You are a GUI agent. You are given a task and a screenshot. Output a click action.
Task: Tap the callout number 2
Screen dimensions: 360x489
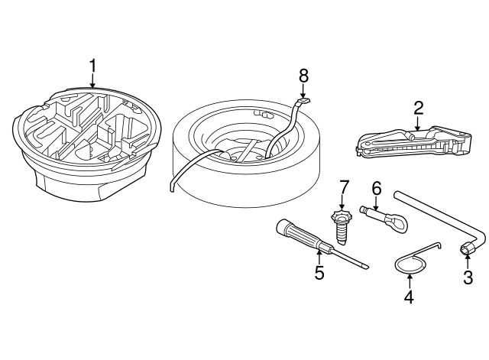[418, 106]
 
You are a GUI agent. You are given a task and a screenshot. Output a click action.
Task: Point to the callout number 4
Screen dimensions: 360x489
[409, 297]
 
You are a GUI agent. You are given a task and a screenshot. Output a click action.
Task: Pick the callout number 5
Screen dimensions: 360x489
[319, 272]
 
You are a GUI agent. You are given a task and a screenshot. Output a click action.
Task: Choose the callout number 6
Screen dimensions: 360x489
[376, 187]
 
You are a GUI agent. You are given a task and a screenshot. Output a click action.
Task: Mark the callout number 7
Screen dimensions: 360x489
[344, 186]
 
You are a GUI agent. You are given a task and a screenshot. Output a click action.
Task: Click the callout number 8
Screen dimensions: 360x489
[303, 75]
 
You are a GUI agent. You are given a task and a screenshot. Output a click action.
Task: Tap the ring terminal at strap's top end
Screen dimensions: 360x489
[304, 99]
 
